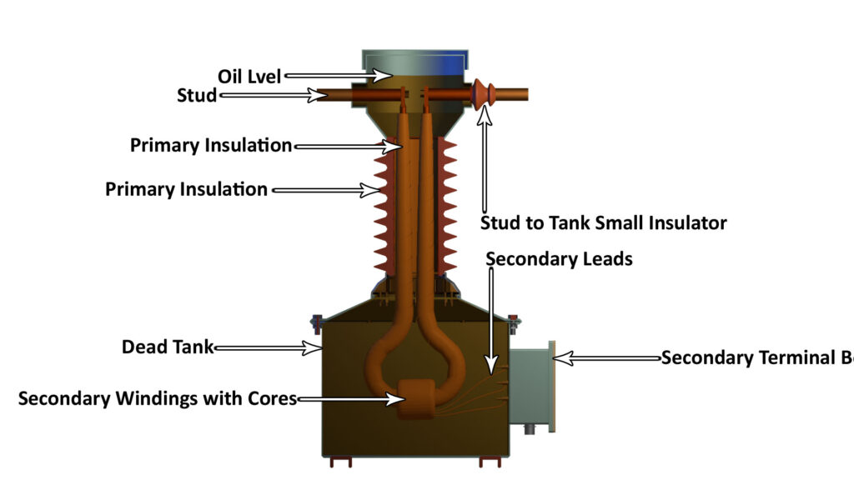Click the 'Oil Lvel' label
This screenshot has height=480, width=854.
(247, 77)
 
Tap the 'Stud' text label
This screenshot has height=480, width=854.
(197, 96)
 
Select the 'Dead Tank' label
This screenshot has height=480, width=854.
(168, 347)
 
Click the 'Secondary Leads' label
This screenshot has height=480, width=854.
(559, 259)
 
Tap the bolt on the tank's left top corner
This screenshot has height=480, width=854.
(317, 320)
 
